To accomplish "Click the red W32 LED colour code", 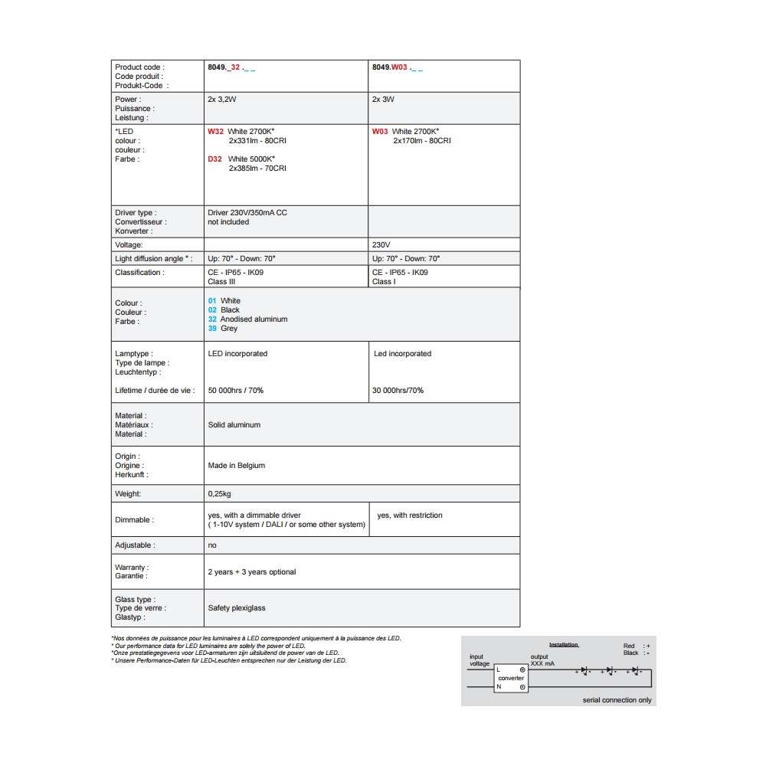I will [215, 132].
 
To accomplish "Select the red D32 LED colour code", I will [215, 159].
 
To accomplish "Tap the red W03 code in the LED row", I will [380, 132].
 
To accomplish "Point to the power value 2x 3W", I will [383, 100].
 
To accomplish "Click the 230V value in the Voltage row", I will [381, 245].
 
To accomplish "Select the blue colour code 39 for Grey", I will [212, 329].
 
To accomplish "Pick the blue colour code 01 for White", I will [212, 301].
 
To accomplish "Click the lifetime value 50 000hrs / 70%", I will [236, 391].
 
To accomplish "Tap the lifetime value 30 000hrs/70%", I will [398, 391].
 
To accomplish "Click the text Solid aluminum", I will [234, 425].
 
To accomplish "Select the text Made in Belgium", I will [237, 466].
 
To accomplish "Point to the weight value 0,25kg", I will [220, 495].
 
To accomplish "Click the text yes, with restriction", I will [410, 516].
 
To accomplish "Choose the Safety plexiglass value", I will [237, 608].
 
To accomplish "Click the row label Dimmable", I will [134, 520].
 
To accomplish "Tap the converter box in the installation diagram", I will [511, 678].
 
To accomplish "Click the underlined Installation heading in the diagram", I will [563, 645].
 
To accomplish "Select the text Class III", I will [221, 282].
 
